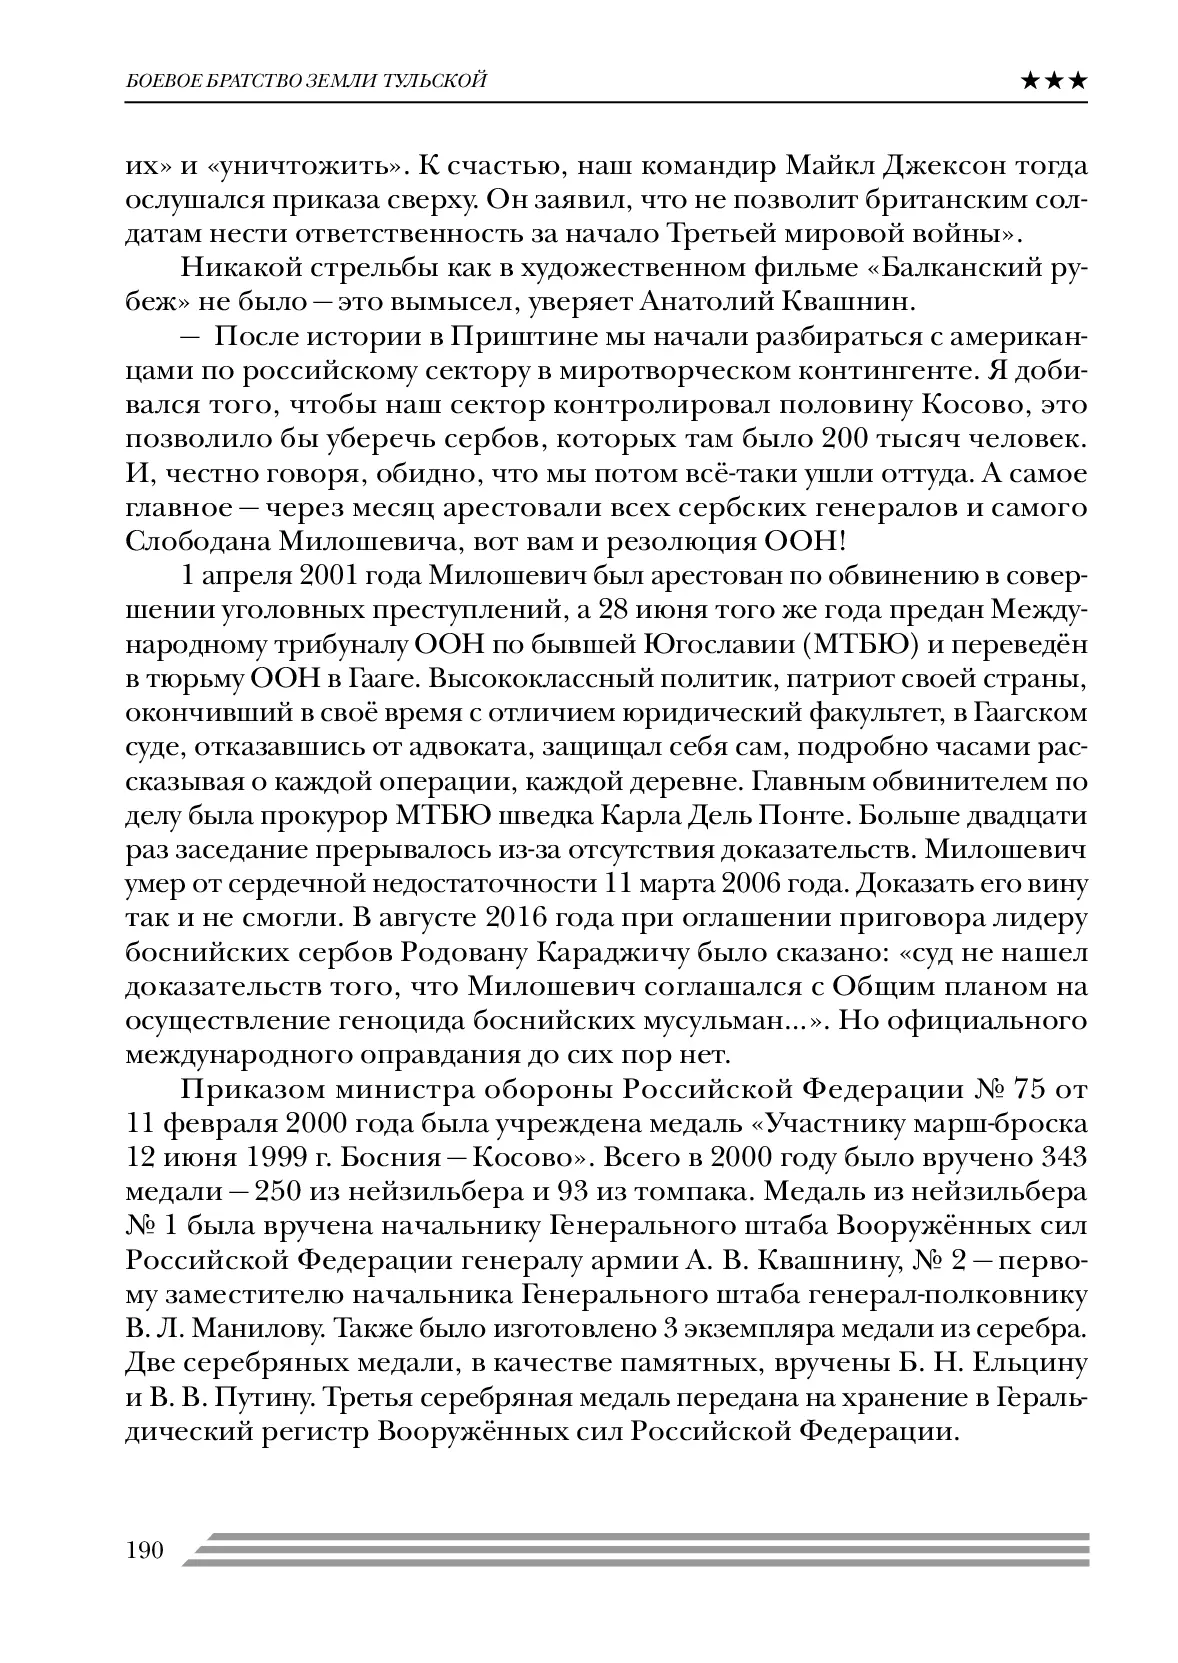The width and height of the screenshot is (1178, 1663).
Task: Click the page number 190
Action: click(144, 1550)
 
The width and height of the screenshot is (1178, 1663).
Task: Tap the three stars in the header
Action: click(1054, 80)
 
